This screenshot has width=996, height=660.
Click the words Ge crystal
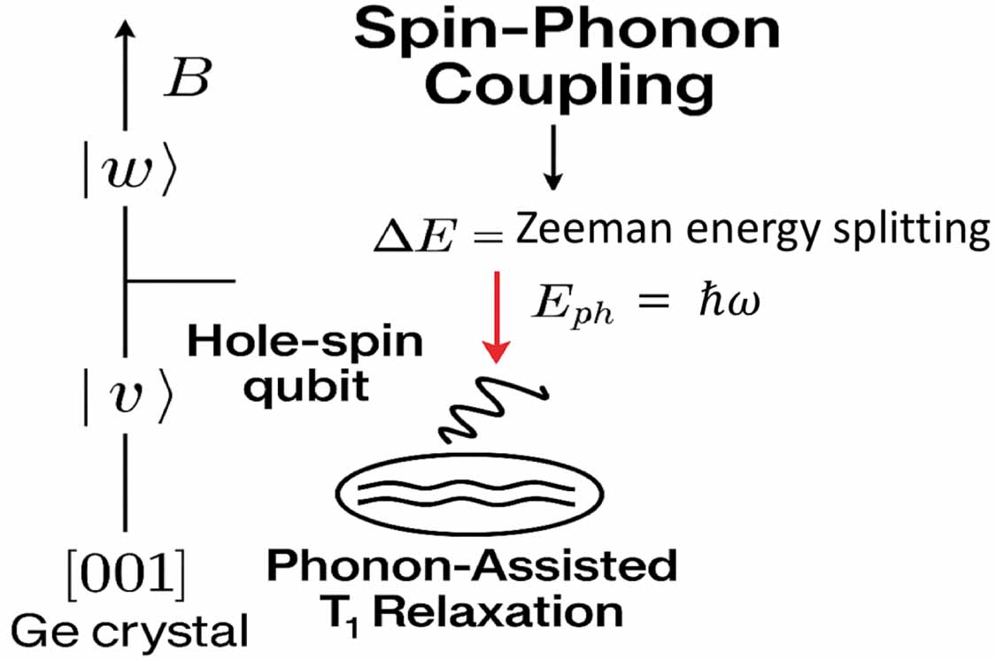(127, 631)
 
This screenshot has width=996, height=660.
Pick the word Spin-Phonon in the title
(567, 32)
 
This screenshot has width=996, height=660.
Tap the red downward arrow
(497, 318)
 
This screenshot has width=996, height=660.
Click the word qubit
(306, 388)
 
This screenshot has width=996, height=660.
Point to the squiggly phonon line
(495, 407)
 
